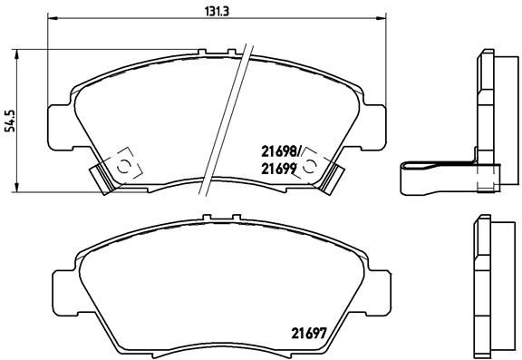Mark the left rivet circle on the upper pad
pos(125,164)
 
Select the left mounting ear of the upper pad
pos(57,121)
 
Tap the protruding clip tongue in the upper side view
pos(426,174)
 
